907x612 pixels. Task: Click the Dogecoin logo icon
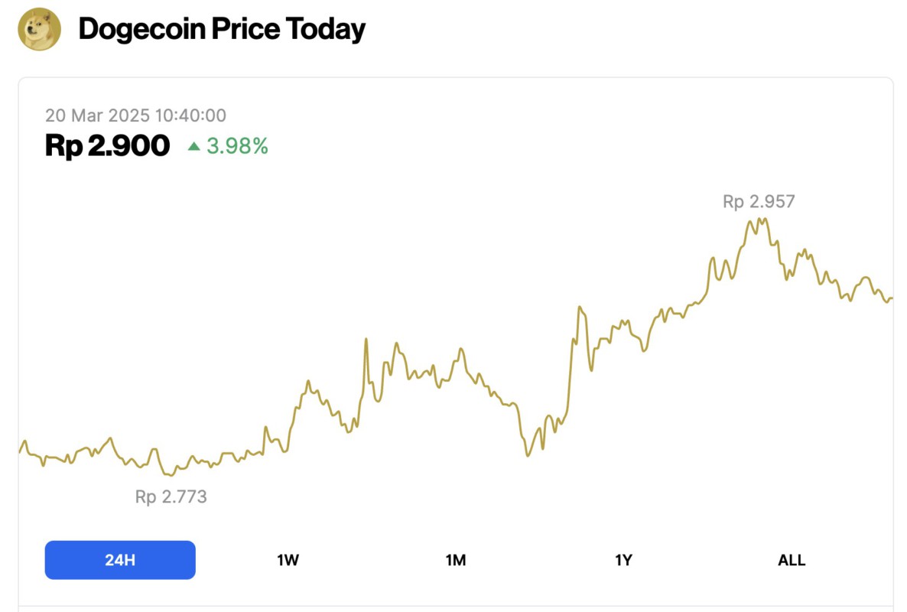click(39, 29)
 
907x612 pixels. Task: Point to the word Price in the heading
click(253, 29)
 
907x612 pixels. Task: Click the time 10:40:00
click(190, 116)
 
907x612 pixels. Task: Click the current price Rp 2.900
click(107, 145)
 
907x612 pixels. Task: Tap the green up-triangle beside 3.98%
click(194, 145)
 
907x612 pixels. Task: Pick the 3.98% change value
click(237, 145)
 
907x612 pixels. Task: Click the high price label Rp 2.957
click(759, 202)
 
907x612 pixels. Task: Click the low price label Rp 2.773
click(171, 496)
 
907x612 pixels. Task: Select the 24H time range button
click(120, 560)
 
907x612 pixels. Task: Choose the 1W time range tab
click(288, 560)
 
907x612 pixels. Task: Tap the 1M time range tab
click(456, 560)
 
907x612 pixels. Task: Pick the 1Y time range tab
click(623, 560)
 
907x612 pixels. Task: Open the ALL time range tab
click(792, 560)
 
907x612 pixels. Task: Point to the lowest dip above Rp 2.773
click(171, 475)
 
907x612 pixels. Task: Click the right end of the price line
click(892, 298)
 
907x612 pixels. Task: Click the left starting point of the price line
click(20, 451)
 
